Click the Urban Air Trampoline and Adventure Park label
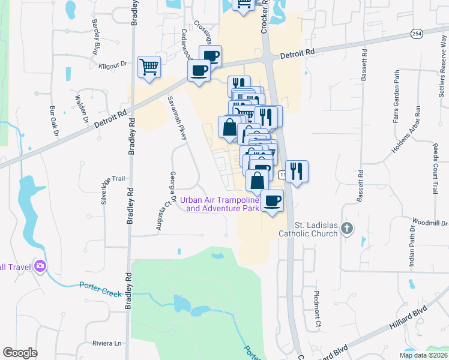pos(222,204)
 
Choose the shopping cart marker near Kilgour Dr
pos(149,67)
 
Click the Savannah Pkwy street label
pos(178,117)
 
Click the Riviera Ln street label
pos(107,343)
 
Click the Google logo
pos(20,353)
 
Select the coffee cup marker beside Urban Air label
pos(271,200)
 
